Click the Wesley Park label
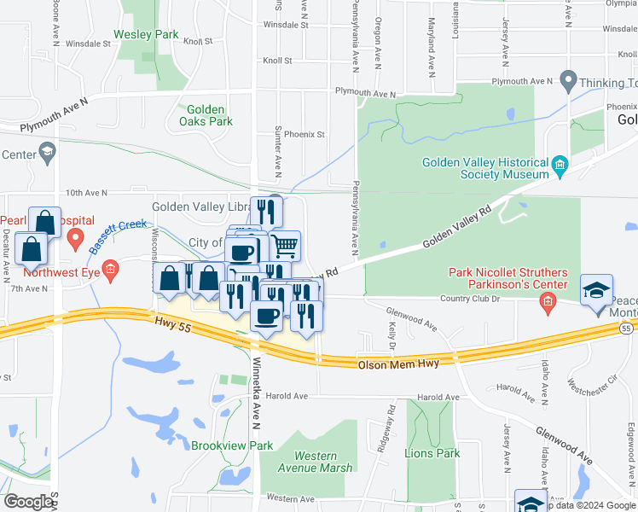151,35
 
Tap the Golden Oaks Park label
206,115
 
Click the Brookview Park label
231,445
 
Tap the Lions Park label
432,453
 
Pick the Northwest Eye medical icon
110,271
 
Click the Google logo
28,502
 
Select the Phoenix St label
304,134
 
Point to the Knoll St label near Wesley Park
196,40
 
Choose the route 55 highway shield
627,328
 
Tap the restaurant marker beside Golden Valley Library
266,209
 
